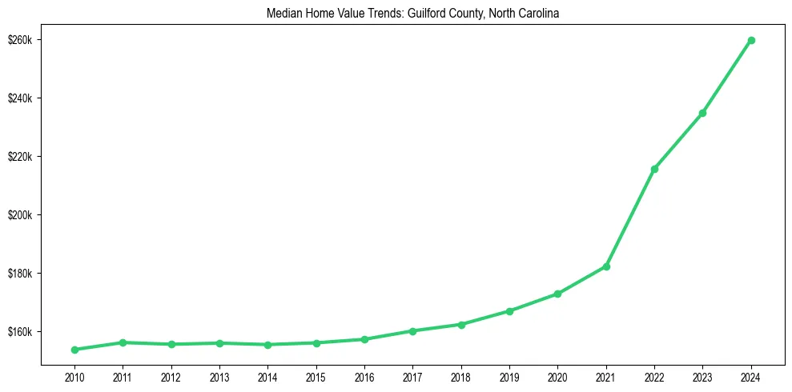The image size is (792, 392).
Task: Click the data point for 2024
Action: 751,40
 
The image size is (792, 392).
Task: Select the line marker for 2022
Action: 654,169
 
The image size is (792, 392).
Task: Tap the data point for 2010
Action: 74,350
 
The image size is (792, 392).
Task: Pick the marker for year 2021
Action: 606,266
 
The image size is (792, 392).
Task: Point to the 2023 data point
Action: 702,113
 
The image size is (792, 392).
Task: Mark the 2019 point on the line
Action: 509,310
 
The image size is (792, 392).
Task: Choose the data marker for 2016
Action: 364,339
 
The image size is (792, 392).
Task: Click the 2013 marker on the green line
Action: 219,343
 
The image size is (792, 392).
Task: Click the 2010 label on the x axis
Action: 74,376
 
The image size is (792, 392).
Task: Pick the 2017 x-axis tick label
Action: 412,376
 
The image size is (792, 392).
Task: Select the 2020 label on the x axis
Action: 557,376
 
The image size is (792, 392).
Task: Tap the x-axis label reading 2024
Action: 751,376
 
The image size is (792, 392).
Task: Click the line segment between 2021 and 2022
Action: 630,218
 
